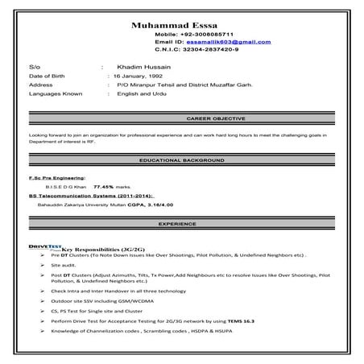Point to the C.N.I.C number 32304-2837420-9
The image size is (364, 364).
click(208, 49)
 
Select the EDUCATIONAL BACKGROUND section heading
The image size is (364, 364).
click(181, 161)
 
